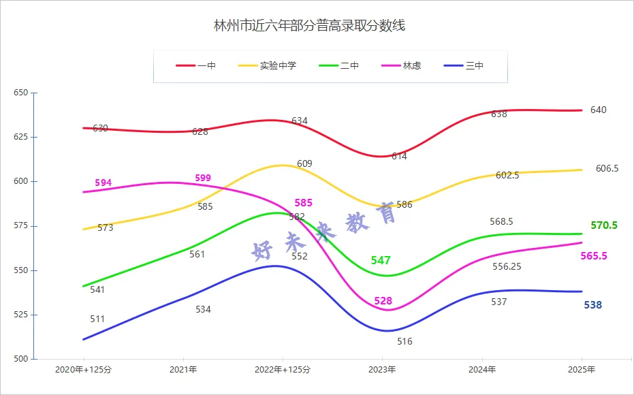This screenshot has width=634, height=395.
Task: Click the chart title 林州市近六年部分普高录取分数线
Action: point(310,27)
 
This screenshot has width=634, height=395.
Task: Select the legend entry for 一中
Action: point(197,66)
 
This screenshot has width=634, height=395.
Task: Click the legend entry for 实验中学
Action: point(268,66)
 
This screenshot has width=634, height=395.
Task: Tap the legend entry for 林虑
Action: point(402,66)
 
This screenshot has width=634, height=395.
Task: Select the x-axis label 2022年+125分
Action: point(282,370)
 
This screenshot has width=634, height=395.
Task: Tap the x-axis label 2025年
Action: point(582,370)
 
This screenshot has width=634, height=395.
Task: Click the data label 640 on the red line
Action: point(598,110)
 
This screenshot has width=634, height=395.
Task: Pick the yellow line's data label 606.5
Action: point(607,168)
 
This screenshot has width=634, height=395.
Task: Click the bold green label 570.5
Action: point(603,225)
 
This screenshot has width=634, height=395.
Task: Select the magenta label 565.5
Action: point(594,256)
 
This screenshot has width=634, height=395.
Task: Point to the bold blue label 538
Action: point(592,305)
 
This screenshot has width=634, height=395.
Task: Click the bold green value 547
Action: point(381,261)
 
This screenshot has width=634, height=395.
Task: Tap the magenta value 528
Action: point(383,301)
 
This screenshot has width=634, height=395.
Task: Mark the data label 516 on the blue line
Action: point(405,341)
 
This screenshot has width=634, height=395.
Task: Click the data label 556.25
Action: point(507,266)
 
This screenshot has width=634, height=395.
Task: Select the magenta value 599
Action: point(203,178)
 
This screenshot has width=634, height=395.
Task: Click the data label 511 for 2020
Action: point(97,319)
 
